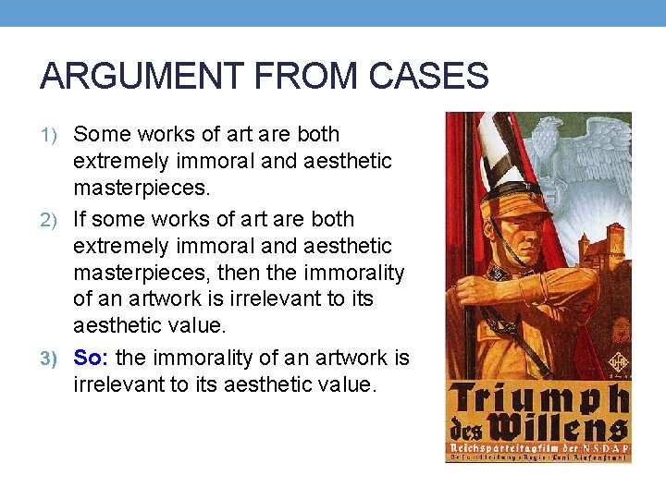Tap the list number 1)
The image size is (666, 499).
pos(51,135)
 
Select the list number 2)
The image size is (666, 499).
pos(51,220)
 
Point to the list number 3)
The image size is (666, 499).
pos(51,359)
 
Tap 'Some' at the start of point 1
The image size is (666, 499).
pos(100,134)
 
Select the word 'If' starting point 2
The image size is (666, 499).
pos(80,219)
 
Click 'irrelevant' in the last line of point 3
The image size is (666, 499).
pos(117,383)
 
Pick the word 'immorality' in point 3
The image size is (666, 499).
pos(198,358)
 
